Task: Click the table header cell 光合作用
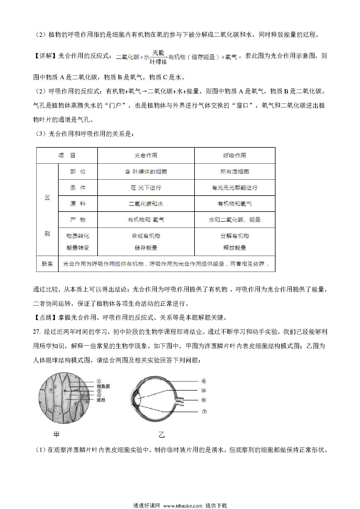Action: click(146, 156)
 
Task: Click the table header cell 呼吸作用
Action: click(235, 156)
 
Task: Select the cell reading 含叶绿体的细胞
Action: click(146, 172)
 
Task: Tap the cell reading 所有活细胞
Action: click(235, 172)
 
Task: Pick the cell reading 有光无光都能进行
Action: click(235, 188)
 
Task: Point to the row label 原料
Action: click(78, 204)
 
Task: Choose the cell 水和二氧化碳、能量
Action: click(235, 220)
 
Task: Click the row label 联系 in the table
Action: click(47, 264)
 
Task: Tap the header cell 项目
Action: click(67, 156)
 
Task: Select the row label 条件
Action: click(78, 188)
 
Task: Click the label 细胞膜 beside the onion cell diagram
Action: click(103, 386)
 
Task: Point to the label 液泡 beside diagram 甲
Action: click(101, 400)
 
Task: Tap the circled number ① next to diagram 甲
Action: click(99, 381)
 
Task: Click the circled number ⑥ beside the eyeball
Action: click(204, 381)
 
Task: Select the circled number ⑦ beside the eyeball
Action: click(204, 412)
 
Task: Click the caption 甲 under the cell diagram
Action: click(57, 434)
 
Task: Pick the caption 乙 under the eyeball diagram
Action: click(161, 434)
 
